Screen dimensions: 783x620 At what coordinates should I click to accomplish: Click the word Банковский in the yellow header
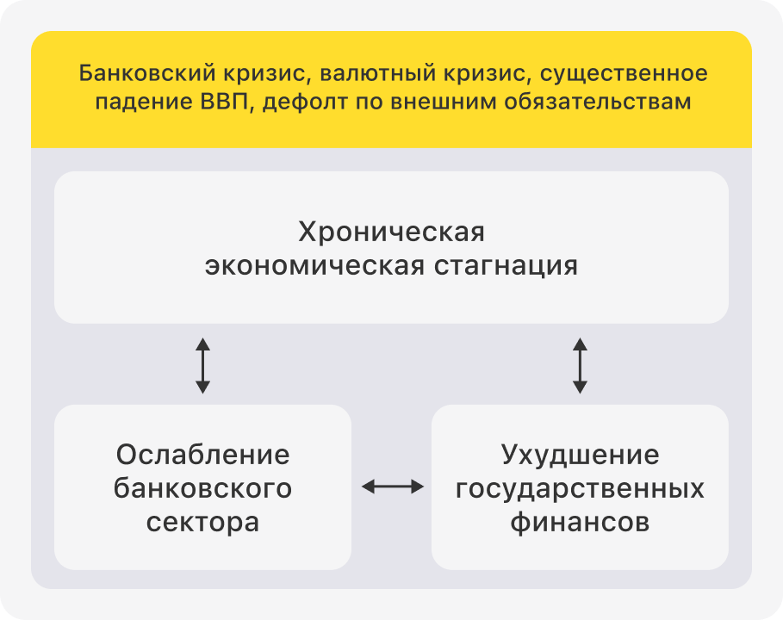tap(146, 73)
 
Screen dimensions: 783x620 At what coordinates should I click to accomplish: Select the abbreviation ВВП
tap(224, 102)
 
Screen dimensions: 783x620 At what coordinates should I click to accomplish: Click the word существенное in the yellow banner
tap(623, 74)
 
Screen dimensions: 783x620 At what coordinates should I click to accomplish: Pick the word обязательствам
tap(597, 102)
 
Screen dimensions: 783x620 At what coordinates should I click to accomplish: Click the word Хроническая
tap(391, 232)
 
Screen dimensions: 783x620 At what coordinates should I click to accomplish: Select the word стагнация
tap(506, 265)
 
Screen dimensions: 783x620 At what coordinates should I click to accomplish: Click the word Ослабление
tap(202, 455)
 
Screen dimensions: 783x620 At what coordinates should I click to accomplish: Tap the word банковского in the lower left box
tap(202, 488)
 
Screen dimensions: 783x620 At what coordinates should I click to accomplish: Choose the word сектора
tap(202, 522)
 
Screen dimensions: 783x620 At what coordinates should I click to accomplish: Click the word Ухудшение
tap(581, 455)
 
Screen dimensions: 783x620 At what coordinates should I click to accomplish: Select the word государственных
tap(581, 488)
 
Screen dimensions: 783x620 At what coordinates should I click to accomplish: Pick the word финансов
tap(581, 522)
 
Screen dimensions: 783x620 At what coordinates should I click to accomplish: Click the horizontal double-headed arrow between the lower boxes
tap(393, 487)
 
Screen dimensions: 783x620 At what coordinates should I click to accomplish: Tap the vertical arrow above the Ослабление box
tap(202, 366)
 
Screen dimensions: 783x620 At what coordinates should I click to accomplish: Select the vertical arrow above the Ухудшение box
tap(580, 366)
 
